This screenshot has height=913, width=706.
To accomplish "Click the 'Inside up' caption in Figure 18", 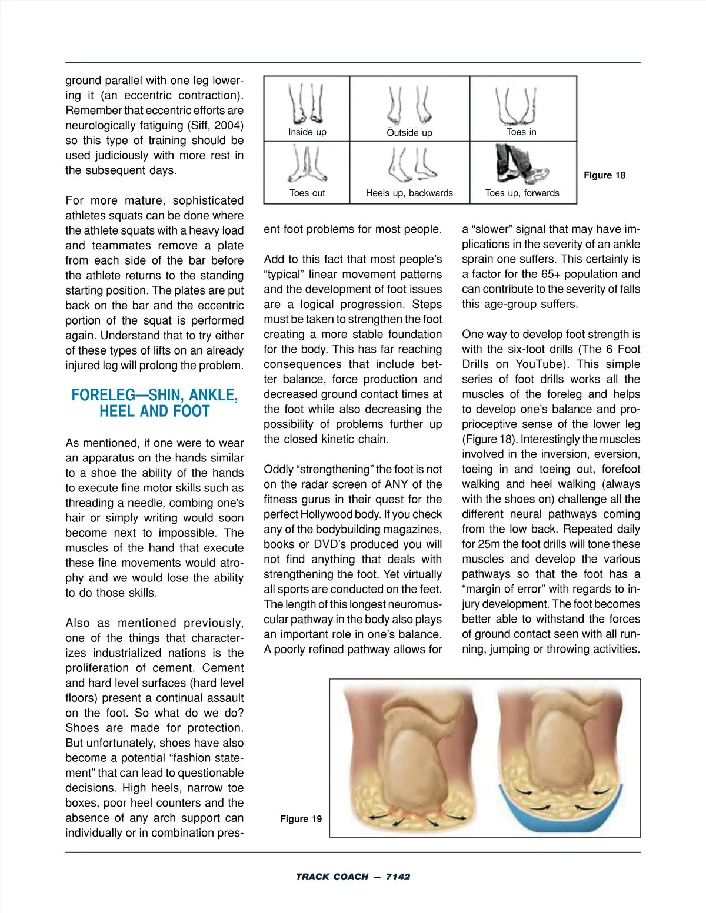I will click(x=307, y=132).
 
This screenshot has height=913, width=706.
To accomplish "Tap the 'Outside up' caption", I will click(x=409, y=133).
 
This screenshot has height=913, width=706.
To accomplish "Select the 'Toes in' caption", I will click(x=522, y=132).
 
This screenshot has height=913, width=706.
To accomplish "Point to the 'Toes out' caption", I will click(x=307, y=193).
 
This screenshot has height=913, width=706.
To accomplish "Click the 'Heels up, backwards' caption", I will click(x=409, y=193).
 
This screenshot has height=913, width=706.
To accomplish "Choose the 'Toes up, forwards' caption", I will click(x=522, y=193).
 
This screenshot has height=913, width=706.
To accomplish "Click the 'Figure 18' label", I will click(x=604, y=175).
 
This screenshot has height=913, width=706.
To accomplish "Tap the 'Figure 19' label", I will click(x=301, y=819).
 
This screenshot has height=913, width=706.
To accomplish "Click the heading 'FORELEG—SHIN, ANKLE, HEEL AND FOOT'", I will click(x=155, y=403).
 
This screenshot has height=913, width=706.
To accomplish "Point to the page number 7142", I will click(x=398, y=877).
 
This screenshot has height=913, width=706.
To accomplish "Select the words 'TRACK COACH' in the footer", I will click(x=332, y=877).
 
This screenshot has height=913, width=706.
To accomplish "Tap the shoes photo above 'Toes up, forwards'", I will click(x=521, y=165).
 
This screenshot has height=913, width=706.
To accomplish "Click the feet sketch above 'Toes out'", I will click(x=307, y=165).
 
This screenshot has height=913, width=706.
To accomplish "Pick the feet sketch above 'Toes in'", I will click(x=516, y=103).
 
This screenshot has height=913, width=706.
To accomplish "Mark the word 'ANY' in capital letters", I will click(x=397, y=484).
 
